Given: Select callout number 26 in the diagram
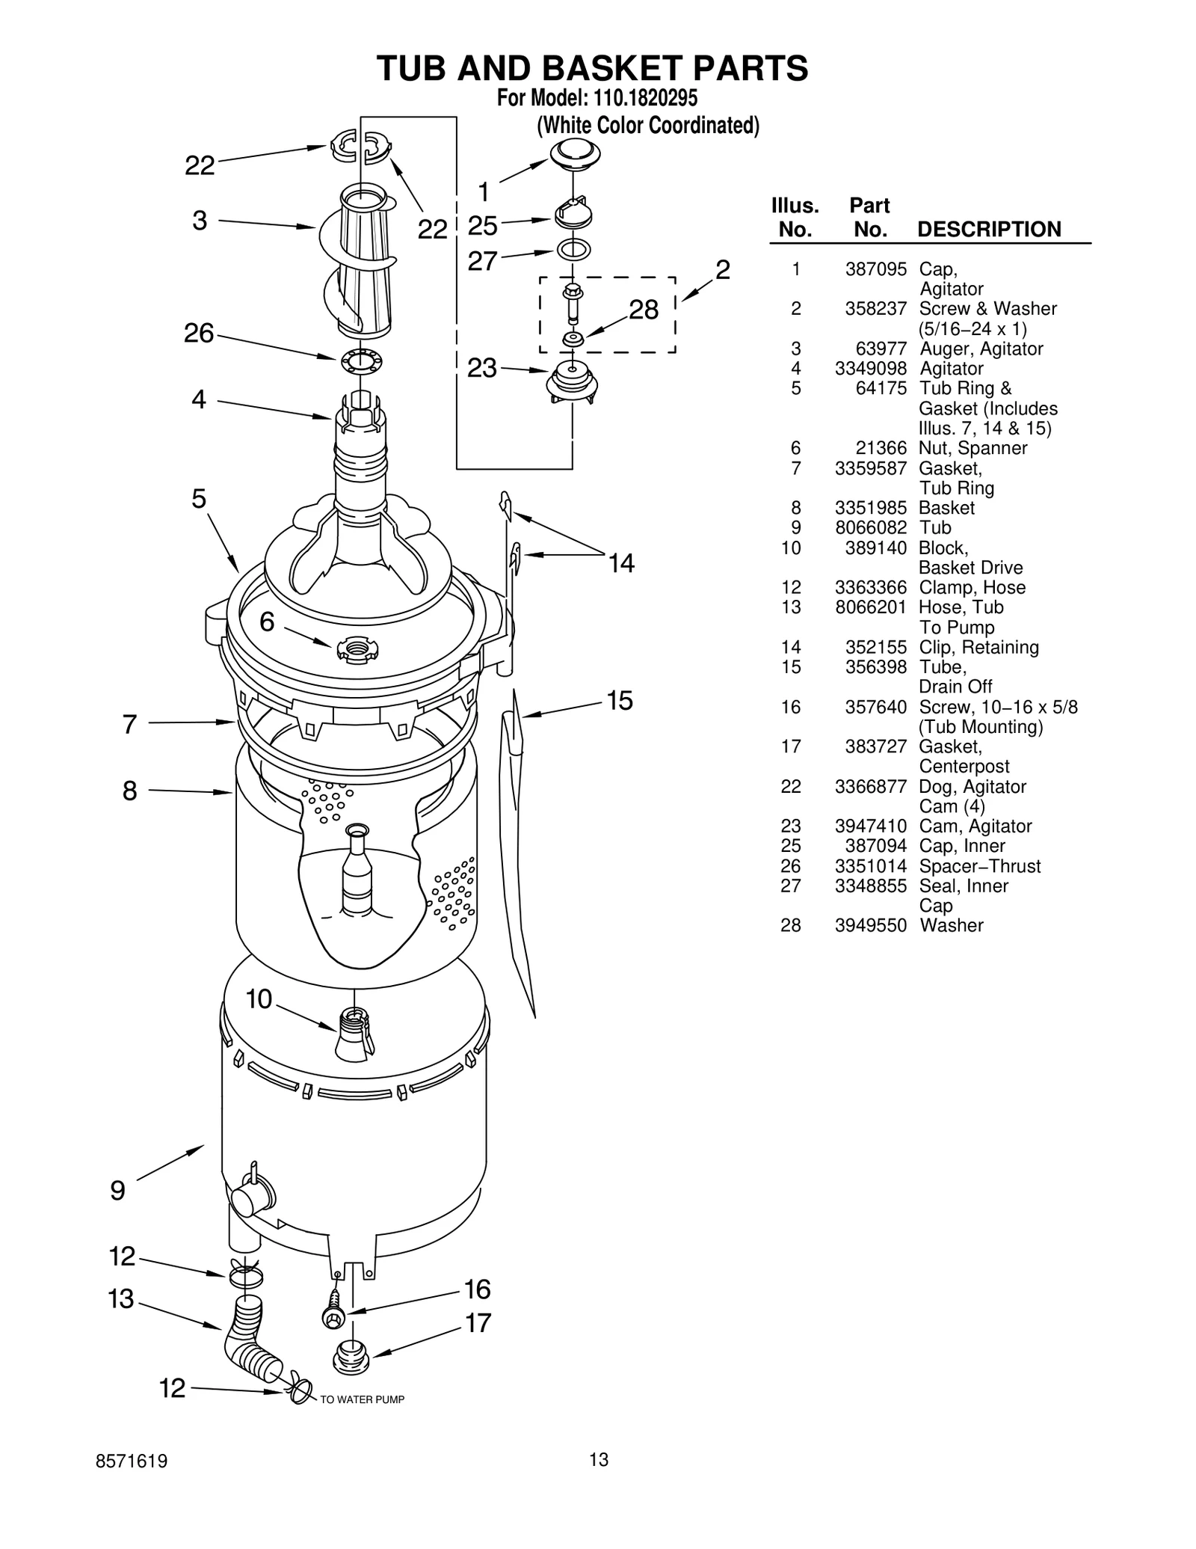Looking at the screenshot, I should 199,334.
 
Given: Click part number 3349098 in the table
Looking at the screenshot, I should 870,369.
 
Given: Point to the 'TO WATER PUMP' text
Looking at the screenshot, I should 362,1399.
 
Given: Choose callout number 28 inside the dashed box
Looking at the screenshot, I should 644,309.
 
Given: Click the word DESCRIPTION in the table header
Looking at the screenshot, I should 989,230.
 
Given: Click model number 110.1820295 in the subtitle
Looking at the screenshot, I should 645,99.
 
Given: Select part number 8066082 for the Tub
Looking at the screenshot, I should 870,528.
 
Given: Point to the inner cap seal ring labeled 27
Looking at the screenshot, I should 574,249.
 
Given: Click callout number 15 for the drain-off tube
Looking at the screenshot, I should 620,701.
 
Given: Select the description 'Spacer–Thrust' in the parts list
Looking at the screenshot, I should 979,866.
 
